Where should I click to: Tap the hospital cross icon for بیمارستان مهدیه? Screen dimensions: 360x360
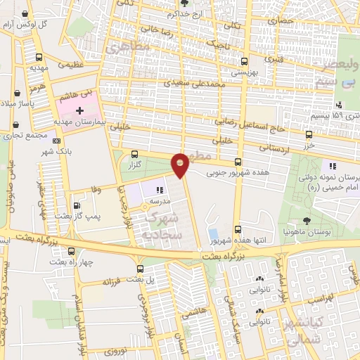click(79, 111)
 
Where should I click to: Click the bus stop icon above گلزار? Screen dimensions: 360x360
click(137, 154)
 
